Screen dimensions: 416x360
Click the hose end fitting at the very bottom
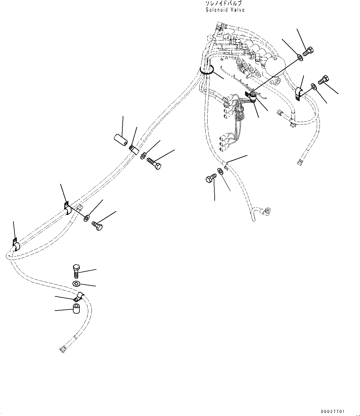pos(62,349)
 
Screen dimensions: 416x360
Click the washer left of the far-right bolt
pos(314,87)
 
